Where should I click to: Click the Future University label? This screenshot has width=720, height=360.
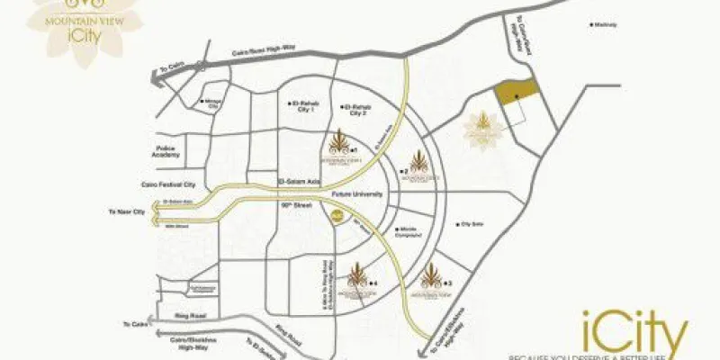click(x=357, y=194)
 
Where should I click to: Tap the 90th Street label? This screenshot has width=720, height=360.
click(x=293, y=206)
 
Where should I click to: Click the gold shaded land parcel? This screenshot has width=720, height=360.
click(x=517, y=93)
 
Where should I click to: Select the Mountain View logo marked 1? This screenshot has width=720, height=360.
click(x=339, y=145)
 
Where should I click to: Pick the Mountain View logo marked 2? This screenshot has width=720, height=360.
click(x=419, y=164)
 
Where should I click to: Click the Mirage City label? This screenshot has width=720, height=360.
click(x=214, y=103)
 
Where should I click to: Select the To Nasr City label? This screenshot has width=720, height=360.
click(x=127, y=211)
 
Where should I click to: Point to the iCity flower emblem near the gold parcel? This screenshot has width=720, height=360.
click(x=481, y=129)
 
